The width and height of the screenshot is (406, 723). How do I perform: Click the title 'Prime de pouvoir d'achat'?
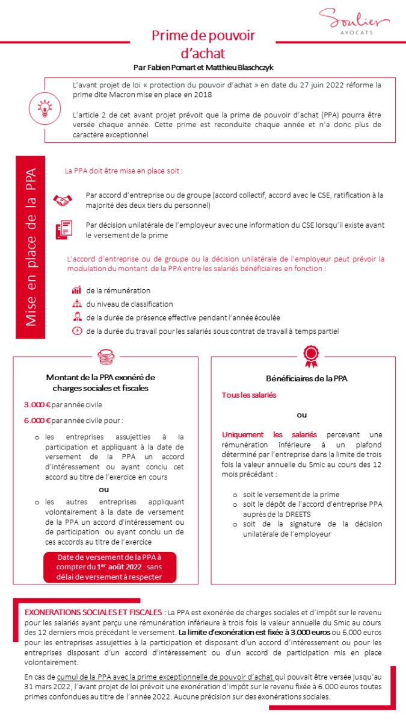point(203,44)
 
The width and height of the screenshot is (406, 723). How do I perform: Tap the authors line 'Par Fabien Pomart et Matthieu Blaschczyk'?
point(203,67)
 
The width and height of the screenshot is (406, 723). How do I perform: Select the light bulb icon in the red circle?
point(45,108)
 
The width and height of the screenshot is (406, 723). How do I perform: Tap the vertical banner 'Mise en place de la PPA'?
point(31,248)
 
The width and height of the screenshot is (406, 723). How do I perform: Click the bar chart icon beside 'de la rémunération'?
point(76,290)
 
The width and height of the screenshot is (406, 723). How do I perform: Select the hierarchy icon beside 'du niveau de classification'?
point(76,304)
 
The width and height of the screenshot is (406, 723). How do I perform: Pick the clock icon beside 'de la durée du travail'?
point(76,331)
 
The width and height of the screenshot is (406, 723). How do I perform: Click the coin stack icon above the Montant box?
point(105,356)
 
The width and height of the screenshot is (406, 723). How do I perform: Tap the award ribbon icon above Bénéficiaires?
point(310,356)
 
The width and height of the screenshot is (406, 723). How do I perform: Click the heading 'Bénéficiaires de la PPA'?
point(306,378)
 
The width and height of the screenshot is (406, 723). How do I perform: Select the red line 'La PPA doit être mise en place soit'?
point(123,171)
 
